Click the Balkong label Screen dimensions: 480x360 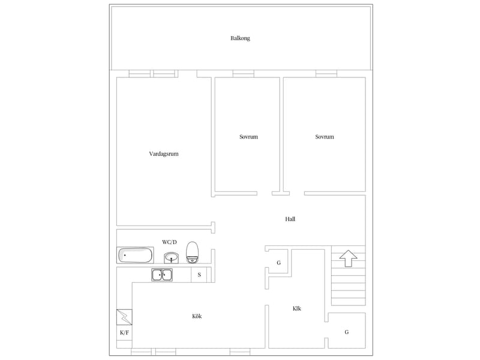[240, 38]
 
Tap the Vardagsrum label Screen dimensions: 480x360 [163, 154]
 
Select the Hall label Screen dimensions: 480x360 [290, 219]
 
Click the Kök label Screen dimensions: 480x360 [197, 316]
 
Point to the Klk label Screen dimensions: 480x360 [296, 308]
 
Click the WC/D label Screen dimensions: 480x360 [169, 242]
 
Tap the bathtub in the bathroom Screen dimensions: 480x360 [135, 256]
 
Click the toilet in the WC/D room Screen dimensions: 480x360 [192, 252]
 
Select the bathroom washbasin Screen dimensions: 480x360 [171, 258]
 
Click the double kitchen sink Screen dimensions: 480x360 [162, 275]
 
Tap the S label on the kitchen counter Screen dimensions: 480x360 [199, 275]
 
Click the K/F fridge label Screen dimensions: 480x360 [124, 333]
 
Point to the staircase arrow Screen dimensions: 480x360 [348, 259]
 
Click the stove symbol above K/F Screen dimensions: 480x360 [124, 317]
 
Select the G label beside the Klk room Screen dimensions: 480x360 [278, 263]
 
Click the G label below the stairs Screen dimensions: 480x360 [347, 332]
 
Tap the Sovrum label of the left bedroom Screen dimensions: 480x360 [248, 137]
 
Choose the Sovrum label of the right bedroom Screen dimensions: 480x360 [325, 137]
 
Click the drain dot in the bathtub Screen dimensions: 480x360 [125, 255]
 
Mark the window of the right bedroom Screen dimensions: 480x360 [326, 73]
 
